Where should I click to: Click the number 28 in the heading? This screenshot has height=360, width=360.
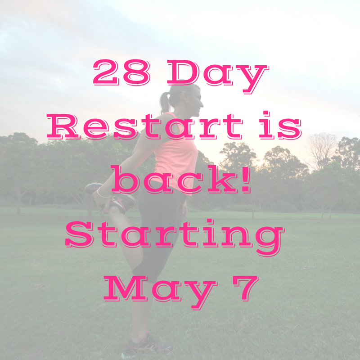pos(121,72)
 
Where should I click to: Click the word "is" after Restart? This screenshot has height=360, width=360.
pos(280,125)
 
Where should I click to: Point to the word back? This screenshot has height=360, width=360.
pos(174,179)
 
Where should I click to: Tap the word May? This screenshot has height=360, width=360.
pos(161,292)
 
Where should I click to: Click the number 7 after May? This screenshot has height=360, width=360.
pos(246,288)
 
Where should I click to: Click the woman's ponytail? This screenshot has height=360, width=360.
pos(165,103)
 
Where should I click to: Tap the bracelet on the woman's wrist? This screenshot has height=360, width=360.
pos(103,194)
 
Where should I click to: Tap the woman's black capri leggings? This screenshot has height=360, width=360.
pos(158,232)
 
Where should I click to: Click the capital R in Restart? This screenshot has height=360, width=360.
pos(63,126)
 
